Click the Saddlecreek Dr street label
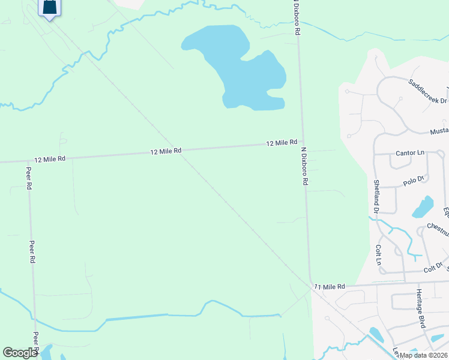click(427, 91)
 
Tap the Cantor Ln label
click(409, 154)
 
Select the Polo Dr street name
click(414, 179)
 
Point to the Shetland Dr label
click(376, 196)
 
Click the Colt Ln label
click(378, 253)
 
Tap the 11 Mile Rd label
click(330, 287)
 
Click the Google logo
click(20, 353)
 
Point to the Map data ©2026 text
click(423, 355)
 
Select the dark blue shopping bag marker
click(49, 8)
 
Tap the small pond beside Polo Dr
click(423, 207)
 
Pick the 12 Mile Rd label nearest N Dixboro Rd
click(282, 143)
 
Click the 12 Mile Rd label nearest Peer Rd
click(50, 160)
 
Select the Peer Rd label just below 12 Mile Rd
click(28, 178)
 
